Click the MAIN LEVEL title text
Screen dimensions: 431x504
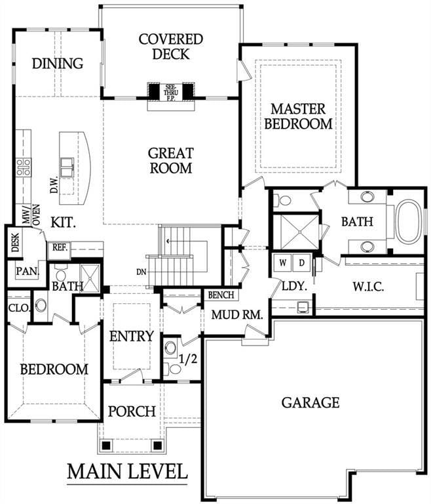(x=127, y=471)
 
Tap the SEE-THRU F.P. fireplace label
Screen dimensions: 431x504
(x=171, y=93)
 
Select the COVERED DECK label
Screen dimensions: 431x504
(x=171, y=47)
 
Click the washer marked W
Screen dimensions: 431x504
(x=282, y=263)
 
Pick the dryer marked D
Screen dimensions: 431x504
(x=302, y=263)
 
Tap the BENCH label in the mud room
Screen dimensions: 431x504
(x=221, y=295)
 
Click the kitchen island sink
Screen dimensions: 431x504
(x=67, y=167)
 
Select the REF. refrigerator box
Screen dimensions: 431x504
(x=60, y=251)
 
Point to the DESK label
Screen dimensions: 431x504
(x=15, y=242)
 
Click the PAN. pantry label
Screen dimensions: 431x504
(x=28, y=271)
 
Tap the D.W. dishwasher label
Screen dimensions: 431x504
(x=54, y=184)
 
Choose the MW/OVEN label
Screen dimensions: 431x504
(x=31, y=215)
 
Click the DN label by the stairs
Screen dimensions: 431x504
(x=141, y=272)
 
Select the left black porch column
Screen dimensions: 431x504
(x=106, y=446)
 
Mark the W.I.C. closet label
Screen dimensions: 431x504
(x=368, y=287)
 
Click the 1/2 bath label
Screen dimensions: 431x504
(x=188, y=359)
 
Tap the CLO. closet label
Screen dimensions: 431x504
(x=20, y=308)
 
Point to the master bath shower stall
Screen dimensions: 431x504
(x=300, y=232)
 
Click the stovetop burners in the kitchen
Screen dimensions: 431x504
(x=24, y=167)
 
